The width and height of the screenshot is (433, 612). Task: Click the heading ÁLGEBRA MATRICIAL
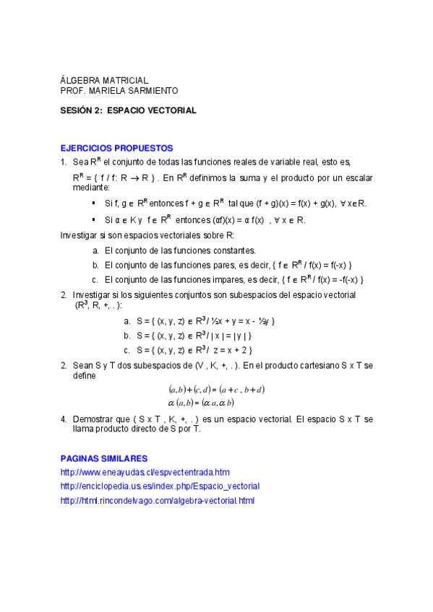tap(104, 80)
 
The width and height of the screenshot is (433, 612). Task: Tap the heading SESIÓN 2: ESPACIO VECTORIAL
tap(128, 111)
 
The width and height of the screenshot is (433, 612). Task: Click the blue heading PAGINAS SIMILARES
tap(104, 458)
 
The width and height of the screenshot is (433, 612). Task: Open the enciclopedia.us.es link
tap(160, 486)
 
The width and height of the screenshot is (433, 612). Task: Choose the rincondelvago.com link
tap(158, 500)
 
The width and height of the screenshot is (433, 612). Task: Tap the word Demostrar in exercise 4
tap(92, 419)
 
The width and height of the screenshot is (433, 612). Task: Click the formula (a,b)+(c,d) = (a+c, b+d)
tap(216, 390)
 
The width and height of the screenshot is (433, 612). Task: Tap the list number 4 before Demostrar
tap(64, 419)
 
